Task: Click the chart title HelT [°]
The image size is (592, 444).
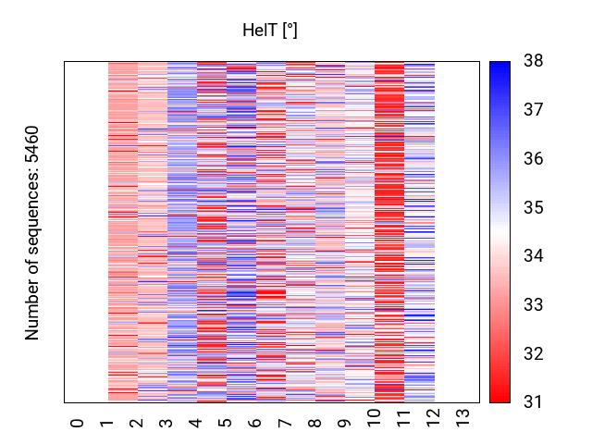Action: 270,31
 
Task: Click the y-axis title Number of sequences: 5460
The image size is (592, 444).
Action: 33,232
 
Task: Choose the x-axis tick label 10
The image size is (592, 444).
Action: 375,420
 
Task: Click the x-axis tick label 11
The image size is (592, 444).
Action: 404,420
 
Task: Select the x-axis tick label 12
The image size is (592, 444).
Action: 434,420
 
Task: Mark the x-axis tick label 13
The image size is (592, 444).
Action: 463,420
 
